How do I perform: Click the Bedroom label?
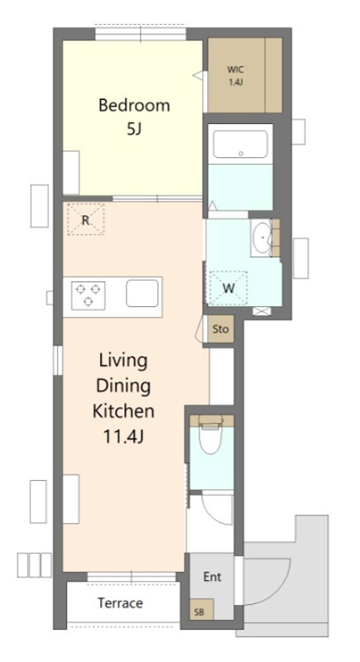[x=134, y=105]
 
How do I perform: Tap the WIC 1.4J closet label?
[x=236, y=75]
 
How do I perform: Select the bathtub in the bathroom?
[x=240, y=144]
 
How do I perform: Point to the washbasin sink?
[x=262, y=238]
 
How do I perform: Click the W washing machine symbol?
[x=228, y=288]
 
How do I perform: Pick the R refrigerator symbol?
[x=86, y=219]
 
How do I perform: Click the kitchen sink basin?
[x=142, y=293]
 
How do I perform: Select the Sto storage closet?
[x=221, y=329]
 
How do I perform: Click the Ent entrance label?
[x=213, y=577]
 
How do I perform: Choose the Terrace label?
[x=120, y=603]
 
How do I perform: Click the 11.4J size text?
[x=123, y=437]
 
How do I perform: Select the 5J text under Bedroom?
[x=133, y=129]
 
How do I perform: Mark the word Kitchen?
[x=123, y=410]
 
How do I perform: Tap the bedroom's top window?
[x=141, y=33]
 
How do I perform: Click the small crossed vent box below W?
[x=262, y=311]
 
